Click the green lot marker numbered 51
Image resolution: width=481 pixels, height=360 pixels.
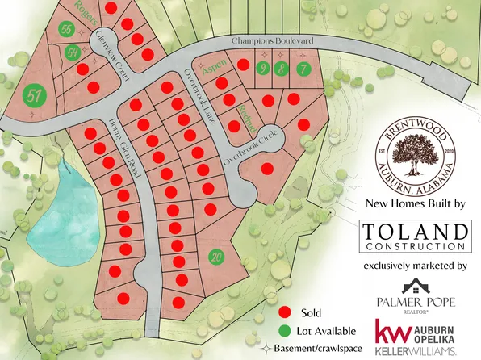coord(35,94)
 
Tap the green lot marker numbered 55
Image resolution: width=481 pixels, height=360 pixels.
coord(67,30)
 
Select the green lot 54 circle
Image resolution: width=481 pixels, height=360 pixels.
coord(74,53)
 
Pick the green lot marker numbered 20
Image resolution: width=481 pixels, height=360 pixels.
coord(215,257)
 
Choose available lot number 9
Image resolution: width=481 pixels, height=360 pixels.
coord(262,69)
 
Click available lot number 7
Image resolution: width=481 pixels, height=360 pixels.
coord(303,69)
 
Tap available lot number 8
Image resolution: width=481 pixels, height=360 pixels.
coord(282,69)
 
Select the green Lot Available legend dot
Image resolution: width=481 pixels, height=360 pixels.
coord(283,331)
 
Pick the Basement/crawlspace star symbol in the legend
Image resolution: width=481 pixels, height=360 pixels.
coord(269,350)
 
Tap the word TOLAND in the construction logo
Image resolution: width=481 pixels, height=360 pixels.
coord(415,232)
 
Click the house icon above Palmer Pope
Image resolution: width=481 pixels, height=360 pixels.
coord(416,287)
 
